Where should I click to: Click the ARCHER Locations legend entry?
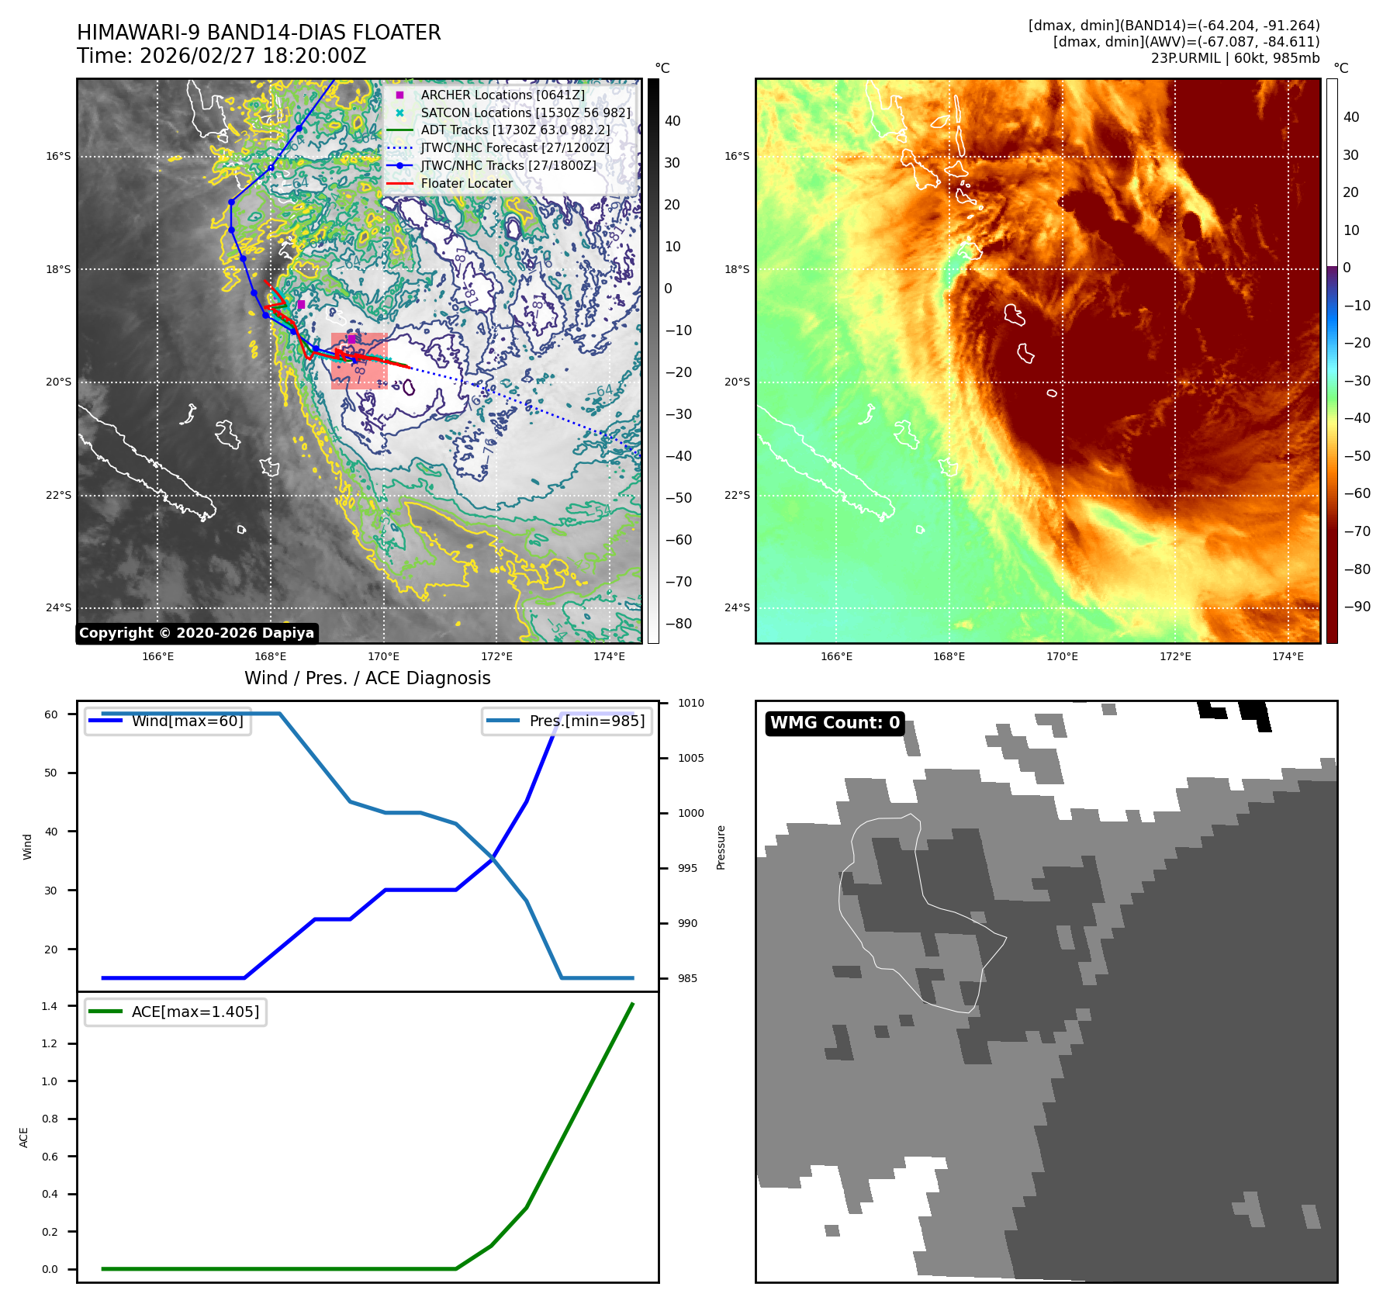[x=502, y=95]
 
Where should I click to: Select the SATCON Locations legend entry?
[x=525, y=112]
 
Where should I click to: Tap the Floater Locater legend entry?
[x=466, y=183]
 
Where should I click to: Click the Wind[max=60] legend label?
[x=187, y=721]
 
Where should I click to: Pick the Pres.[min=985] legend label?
[x=586, y=721]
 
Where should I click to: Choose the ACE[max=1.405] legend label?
[x=195, y=1012]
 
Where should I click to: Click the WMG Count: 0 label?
[x=835, y=723]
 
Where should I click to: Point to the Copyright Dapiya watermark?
[x=196, y=633]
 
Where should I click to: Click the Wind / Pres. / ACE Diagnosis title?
[x=367, y=678]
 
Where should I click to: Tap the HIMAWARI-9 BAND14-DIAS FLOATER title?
[x=258, y=33]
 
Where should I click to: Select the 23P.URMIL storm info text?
[x=1235, y=58]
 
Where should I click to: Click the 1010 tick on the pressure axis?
[x=690, y=703]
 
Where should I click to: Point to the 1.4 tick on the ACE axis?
[x=50, y=1006]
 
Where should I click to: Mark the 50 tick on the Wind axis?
[x=50, y=773]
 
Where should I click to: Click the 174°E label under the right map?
[x=1288, y=656]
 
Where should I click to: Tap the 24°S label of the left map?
[x=58, y=607]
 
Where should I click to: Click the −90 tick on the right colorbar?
[x=1357, y=607]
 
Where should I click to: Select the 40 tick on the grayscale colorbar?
[x=673, y=121]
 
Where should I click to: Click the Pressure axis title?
[x=721, y=847]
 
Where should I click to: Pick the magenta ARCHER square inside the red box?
[x=351, y=339]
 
